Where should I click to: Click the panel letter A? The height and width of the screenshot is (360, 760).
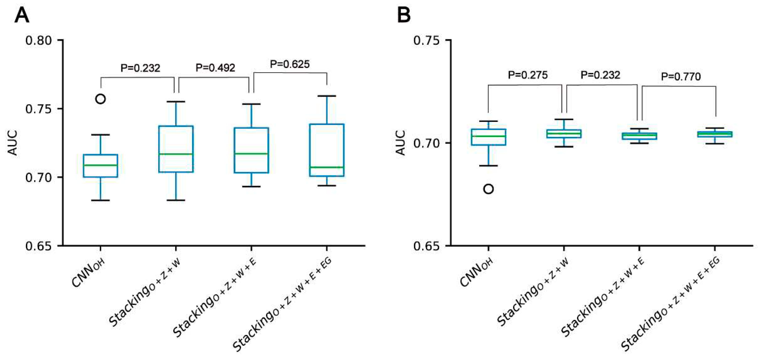click(x=22, y=15)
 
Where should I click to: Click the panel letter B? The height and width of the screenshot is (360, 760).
click(x=404, y=15)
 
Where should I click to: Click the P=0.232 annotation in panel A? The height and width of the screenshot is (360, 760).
click(x=140, y=68)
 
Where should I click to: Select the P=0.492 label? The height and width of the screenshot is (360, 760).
click(x=215, y=68)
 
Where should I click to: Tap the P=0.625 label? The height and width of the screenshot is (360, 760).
click(x=290, y=64)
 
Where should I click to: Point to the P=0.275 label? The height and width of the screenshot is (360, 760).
click(x=527, y=75)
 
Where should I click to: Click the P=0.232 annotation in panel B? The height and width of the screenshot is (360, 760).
click(x=600, y=75)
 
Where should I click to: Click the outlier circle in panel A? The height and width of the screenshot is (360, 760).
click(x=101, y=99)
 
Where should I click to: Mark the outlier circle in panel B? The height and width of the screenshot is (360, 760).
click(x=489, y=189)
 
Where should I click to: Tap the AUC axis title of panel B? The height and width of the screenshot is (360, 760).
click(x=400, y=143)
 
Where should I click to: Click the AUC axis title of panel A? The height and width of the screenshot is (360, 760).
click(x=12, y=143)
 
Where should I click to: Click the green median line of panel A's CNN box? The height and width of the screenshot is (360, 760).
click(x=101, y=165)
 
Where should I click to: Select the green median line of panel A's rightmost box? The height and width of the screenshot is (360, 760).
click(x=327, y=167)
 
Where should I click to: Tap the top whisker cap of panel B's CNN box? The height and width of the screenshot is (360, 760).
click(x=489, y=121)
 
